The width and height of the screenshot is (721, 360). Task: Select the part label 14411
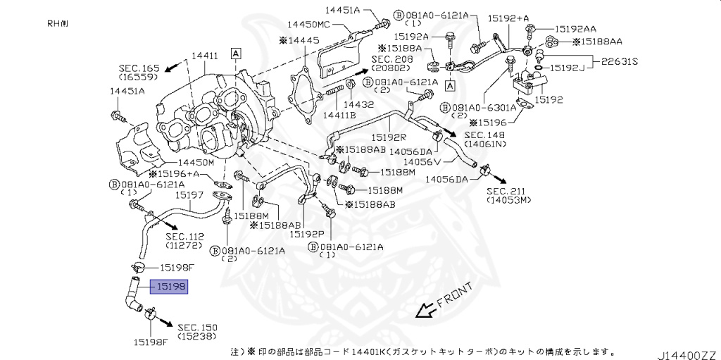(205, 56)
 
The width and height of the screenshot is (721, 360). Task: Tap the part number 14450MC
(324, 24)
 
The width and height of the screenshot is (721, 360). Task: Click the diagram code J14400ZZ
(687, 352)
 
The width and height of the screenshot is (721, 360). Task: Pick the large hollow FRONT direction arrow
(424, 310)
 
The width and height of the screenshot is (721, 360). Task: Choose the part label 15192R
(389, 138)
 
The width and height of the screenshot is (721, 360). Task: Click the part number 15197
(189, 194)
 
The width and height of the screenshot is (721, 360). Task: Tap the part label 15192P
(307, 233)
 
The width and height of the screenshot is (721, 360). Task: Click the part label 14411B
(339, 114)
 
